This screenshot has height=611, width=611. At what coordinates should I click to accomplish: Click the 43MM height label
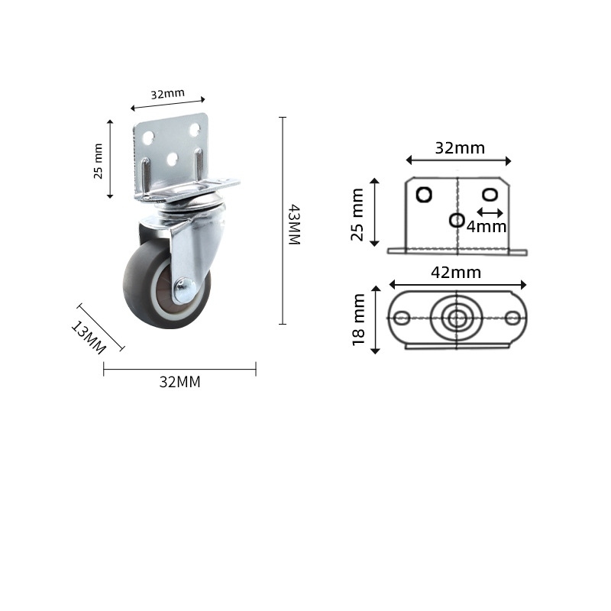point(294,224)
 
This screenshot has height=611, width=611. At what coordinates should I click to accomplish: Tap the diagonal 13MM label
point(88,337)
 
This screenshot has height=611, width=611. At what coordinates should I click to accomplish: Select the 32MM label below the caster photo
point(179,382)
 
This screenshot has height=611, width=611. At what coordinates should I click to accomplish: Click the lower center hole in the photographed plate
point(173,158)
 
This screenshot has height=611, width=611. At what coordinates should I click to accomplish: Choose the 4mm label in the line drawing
point(487,226)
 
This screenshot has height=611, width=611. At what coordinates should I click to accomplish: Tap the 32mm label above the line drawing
point(460,148)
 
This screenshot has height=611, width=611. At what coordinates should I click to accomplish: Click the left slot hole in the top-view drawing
point(402,318)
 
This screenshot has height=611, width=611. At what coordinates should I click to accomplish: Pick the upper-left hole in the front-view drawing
point(424,195)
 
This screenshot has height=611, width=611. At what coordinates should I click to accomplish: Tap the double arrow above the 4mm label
point(490,212)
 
